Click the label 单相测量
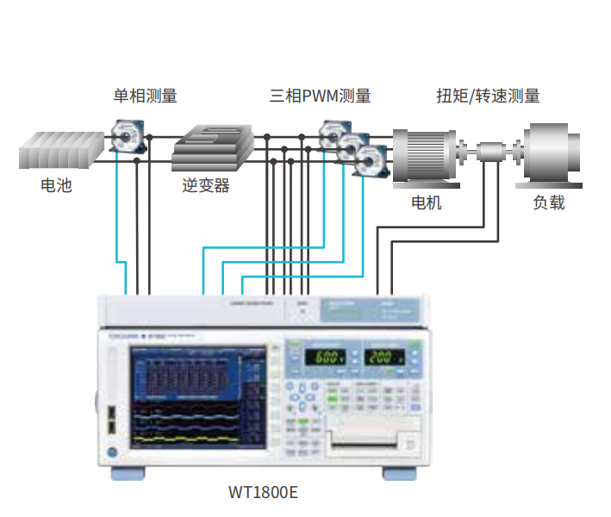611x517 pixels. (146, 96)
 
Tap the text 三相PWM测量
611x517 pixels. (320, 96)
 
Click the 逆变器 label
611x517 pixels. (206, 185)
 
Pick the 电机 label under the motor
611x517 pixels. (426, 202)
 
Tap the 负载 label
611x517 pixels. (549, 202)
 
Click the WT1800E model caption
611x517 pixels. (263, 493)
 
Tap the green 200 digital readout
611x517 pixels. (383, 357)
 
